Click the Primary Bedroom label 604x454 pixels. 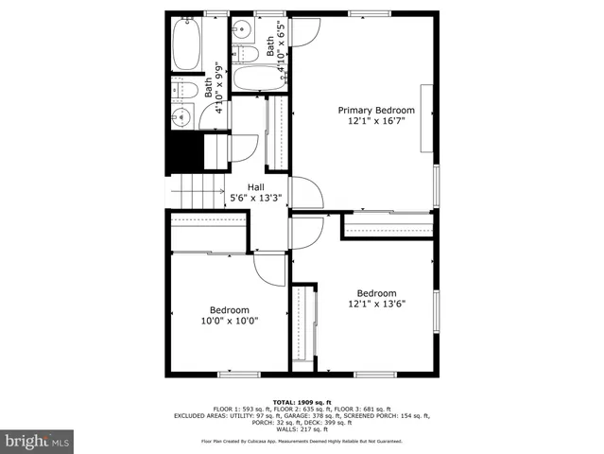pos(376,111)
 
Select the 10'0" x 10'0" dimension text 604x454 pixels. pos(229,321)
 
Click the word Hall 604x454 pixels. pos(256,186)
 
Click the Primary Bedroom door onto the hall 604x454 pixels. pos(306,193)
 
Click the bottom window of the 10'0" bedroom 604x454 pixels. pos(239,375)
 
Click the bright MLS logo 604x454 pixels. pos(38,441)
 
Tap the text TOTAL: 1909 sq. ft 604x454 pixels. pos(302,401)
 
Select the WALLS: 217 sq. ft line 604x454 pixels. pos(302,428)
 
